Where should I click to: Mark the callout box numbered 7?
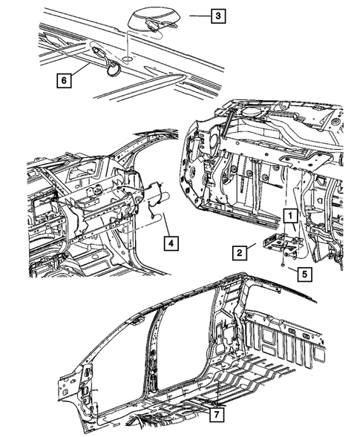[216, 411]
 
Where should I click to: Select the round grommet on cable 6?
[114, 70]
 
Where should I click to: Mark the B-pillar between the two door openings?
[157, 349]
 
